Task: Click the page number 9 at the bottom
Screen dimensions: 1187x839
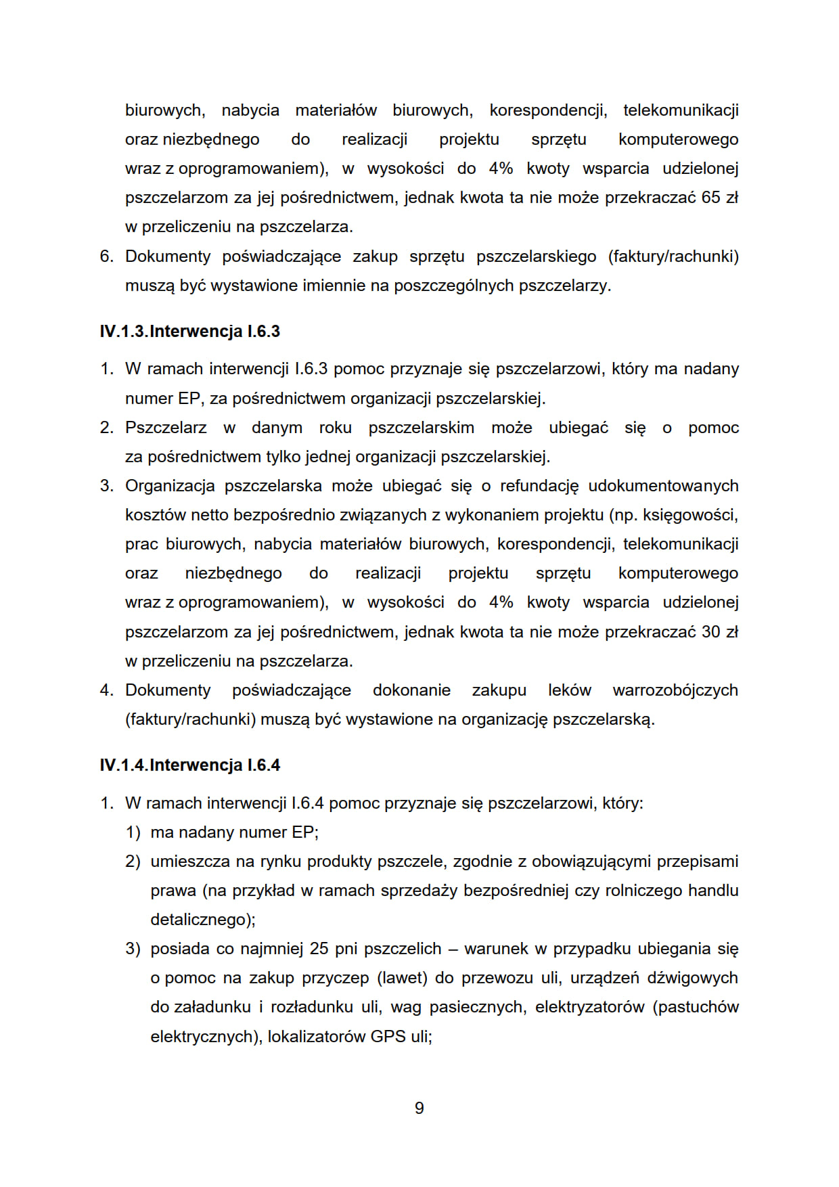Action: click(419, 1108)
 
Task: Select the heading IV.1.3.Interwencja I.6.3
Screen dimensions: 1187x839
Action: click(189, 331)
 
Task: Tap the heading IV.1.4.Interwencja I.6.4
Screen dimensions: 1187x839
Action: click(189, 765)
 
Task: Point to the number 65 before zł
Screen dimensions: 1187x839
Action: click(710, 198)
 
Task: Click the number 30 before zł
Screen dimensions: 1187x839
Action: click(710, 631)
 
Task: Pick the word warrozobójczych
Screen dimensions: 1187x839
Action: click(675, 690)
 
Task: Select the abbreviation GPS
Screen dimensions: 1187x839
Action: click(389, 1036)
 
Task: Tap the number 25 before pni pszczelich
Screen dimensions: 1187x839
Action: click(319, 948)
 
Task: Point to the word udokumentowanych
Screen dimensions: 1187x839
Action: click(663, 486)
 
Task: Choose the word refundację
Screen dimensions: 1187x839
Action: click(539, 486)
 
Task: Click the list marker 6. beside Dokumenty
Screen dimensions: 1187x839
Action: click(107, 256)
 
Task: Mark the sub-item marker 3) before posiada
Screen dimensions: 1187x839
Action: click(133, 948)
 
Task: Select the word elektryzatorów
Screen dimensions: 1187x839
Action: click(589, 1007)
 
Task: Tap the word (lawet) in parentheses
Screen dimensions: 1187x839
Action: click(403, 978)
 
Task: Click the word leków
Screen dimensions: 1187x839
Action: click(569, 690)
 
